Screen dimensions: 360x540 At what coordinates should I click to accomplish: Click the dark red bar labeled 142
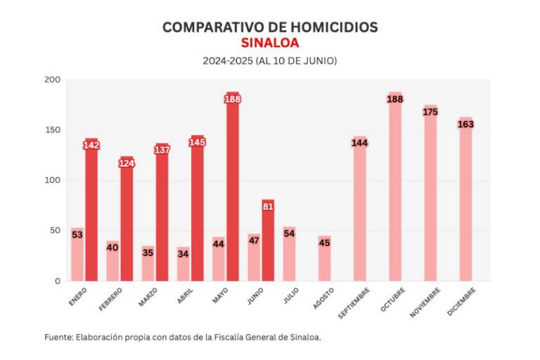click(91, 211)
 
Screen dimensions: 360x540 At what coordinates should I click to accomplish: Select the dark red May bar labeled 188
click(233, 190)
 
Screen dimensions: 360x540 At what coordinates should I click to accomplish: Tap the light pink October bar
click(395, 190)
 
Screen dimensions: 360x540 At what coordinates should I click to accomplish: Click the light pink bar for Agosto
click(324, 262)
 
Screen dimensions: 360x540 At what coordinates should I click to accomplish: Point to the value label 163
click(465, 124)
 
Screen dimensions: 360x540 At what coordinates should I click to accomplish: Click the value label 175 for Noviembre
click(430, 112)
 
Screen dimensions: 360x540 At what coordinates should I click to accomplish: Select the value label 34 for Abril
click(183, 254)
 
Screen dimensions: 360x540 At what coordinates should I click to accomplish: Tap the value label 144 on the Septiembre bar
click(360, 143)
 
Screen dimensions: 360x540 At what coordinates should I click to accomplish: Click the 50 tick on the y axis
click(56, 231)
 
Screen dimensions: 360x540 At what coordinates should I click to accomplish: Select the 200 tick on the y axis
click(53, 79)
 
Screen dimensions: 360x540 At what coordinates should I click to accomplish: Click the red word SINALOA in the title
click(270, 43)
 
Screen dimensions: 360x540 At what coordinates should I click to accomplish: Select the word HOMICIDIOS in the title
click(328, 27)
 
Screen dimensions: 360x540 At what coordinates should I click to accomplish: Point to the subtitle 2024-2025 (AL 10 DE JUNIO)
click(270, 61)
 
